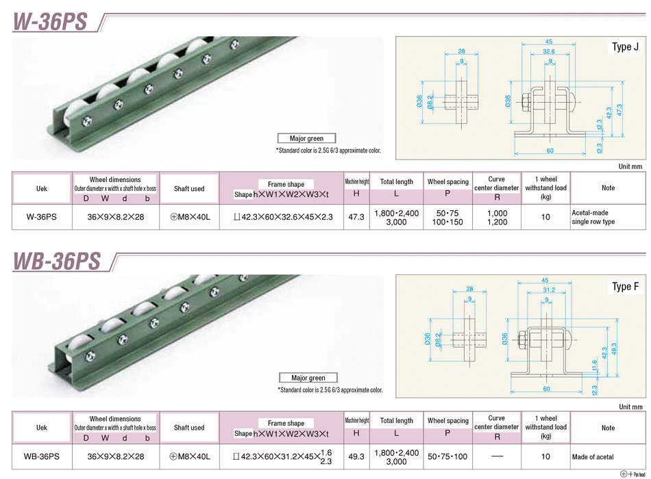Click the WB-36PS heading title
[57, 260]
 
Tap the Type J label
[625, 47]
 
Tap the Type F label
[625, 287]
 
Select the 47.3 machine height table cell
[356, 217]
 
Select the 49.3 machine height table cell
[356, 456]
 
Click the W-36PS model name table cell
[41, 217]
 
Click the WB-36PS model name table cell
[41, 456]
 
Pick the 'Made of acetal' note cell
[593, 456]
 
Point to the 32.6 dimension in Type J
[549, 51]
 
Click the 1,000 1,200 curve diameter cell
[497, 218]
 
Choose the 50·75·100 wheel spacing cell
[447, 456]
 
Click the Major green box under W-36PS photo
[306, 138]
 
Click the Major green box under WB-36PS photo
[308, 378]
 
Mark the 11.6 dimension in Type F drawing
[595, 366]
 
